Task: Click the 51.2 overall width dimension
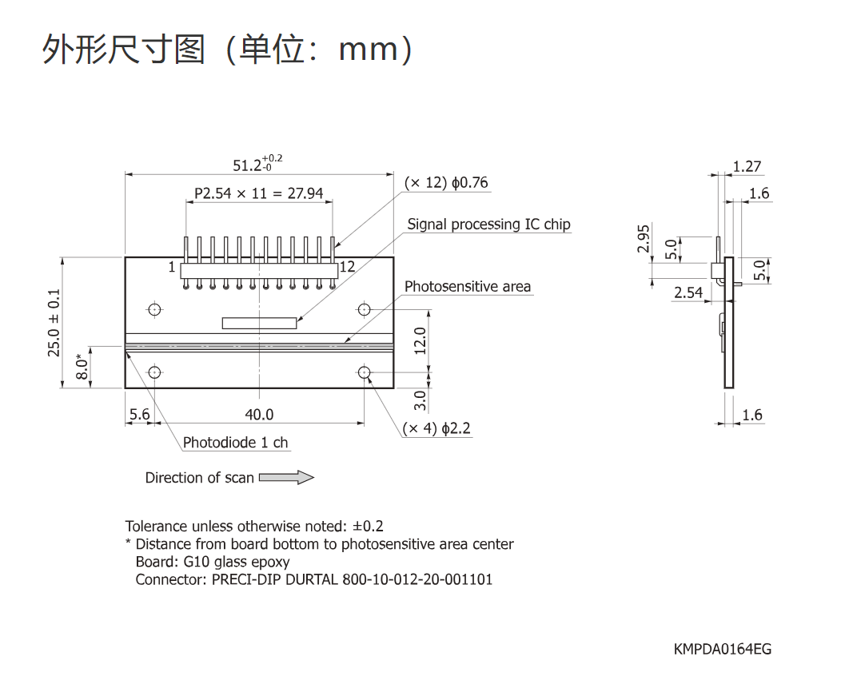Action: pos(257,163)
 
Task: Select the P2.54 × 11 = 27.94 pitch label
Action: pos(259,193)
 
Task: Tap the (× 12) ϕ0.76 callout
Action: pos(446,183)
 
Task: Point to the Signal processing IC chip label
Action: pos(488,224)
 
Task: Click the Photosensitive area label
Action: pos(468,286)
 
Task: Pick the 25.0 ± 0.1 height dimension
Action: pos(54,323)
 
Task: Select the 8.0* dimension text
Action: pos(82,366)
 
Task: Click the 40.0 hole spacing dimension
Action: pos(259,414)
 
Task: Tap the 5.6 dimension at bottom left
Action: pos(140,414)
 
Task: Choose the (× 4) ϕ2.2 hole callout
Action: pos(436,428)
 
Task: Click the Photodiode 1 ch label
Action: pos(236,443)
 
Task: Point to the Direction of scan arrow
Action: pos(287,477)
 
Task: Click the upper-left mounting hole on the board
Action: pos(154,309)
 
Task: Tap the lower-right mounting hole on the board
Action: pos(365,372)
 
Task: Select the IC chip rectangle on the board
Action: pos(259,323)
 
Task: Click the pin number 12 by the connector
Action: pos(347,266)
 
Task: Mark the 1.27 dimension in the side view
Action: pos(747,166)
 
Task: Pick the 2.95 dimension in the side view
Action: pos(644,239)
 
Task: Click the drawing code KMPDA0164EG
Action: pos(723,649)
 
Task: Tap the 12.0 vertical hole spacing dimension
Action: pos(421,340)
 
